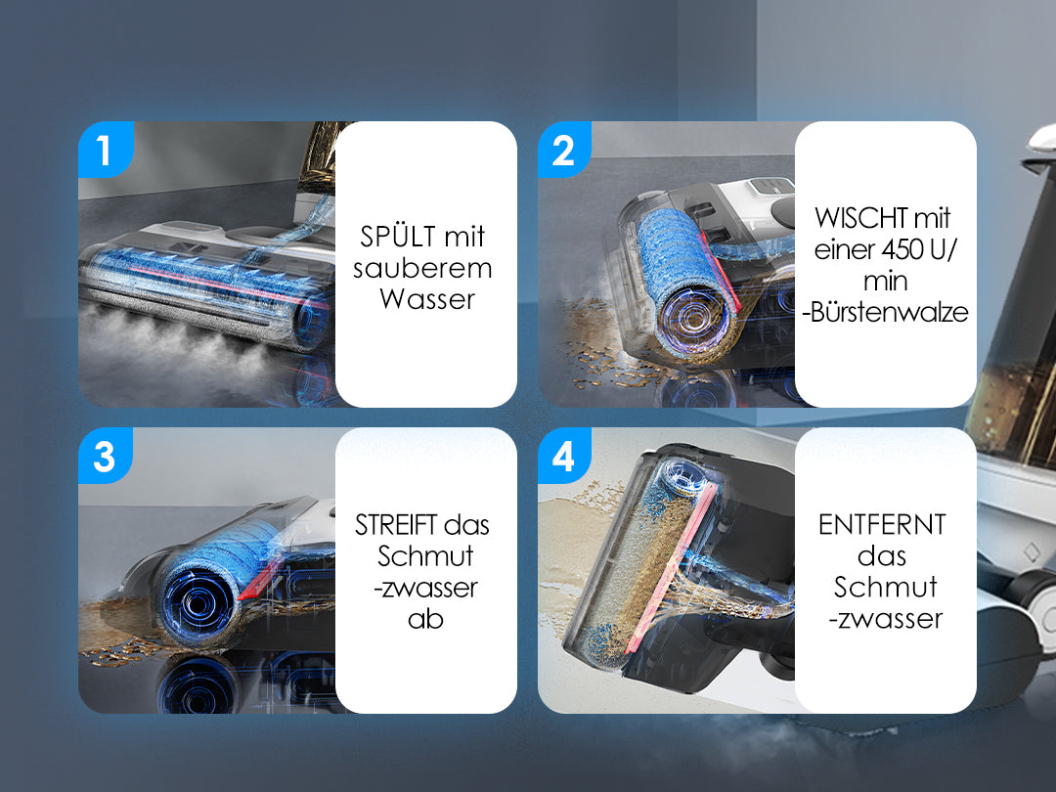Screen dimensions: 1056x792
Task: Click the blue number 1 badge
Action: click(106, 149)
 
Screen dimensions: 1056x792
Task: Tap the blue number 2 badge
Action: click(564, 149)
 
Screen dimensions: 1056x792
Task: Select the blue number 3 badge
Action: click(105, 456)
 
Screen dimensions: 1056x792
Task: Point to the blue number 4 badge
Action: click(564, 456)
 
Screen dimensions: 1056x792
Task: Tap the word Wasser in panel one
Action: click(427, 299)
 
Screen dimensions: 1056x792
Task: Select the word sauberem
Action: click(423, 268)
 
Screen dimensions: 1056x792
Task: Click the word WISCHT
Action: click(853, 217)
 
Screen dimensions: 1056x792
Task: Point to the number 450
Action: click(902, 249)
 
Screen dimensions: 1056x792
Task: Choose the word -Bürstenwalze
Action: click(885, 312)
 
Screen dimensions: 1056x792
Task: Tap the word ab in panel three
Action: click(425, 618)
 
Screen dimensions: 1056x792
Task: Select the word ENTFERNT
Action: click(882, 525)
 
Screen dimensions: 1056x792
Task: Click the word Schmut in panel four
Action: click(885, 587)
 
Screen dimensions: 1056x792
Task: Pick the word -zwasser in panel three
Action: click(425, 588)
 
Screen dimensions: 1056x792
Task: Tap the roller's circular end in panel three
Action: click(197, 602)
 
